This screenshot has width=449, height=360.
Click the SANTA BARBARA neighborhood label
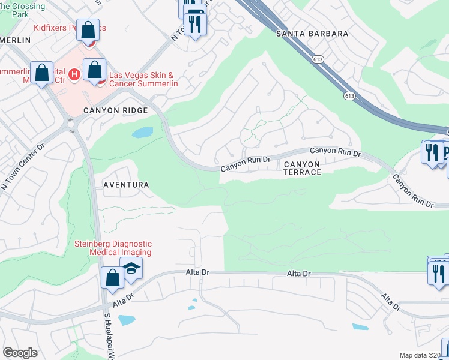point(312,34)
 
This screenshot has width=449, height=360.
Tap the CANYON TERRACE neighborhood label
point(302,167)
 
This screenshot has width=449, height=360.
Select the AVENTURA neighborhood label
point(126,185)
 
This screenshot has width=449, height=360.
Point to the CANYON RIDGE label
point(115,110)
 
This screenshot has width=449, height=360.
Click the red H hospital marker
point(74,74)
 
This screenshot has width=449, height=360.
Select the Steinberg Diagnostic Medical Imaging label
point(112,248)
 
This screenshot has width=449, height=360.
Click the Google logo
point(20,353)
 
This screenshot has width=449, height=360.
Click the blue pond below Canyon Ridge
point(142,133)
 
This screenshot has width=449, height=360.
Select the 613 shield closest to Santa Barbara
point(318,59)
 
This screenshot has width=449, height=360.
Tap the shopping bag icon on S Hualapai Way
point(112,278)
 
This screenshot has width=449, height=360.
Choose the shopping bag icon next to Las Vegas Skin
point(95,69)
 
